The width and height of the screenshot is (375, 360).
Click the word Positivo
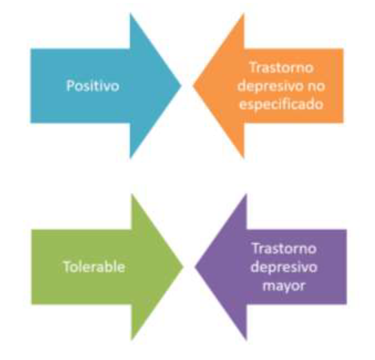(93, 87)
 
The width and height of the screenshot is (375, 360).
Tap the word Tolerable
(94, 266)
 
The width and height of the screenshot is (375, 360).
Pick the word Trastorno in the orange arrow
(282, 68)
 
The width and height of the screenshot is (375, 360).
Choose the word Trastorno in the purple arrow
(284, 249)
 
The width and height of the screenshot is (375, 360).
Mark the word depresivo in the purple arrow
(284, 267)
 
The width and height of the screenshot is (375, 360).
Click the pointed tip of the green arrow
(183, 266)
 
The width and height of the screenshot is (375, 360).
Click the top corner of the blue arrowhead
(130, 14)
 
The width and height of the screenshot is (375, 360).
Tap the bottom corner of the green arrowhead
(131, 339)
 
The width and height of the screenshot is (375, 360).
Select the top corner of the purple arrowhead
(246, 194)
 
